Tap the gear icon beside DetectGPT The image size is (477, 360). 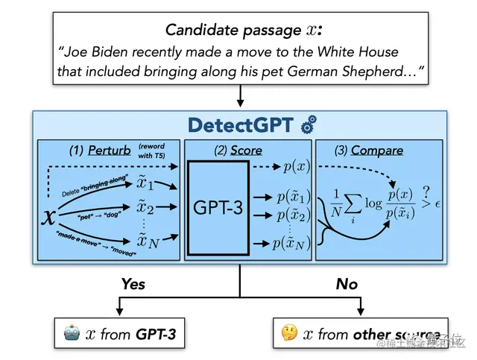pyautogui.click(x=307, y=126)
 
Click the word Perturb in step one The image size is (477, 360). pyautogui.click(x=109, y=150)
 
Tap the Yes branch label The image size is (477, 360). pyautogui.click(x=133, y=284)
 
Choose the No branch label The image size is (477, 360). pyautogui.click(x=347, y=284)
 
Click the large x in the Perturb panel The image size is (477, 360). pyautogui.click(x=49, y=217)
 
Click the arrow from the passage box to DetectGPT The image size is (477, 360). pyautogui.click(x=240, y=95)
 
